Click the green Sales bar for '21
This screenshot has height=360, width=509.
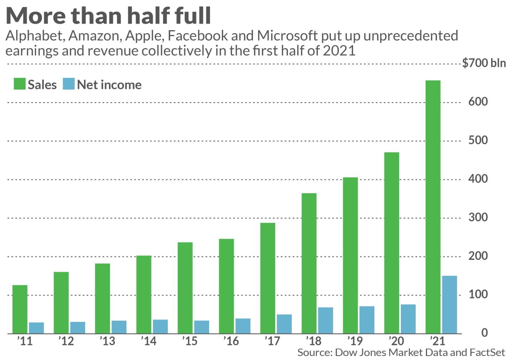pos(433,207)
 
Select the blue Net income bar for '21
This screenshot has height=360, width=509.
pos(449,304)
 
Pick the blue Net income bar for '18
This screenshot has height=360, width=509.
pos(325,320)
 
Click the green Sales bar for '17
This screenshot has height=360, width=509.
pos(268,278)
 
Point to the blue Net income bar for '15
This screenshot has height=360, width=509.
pos(201,327)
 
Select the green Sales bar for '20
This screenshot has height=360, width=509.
pos(391,243)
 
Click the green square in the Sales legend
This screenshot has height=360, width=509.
pos(19,84)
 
